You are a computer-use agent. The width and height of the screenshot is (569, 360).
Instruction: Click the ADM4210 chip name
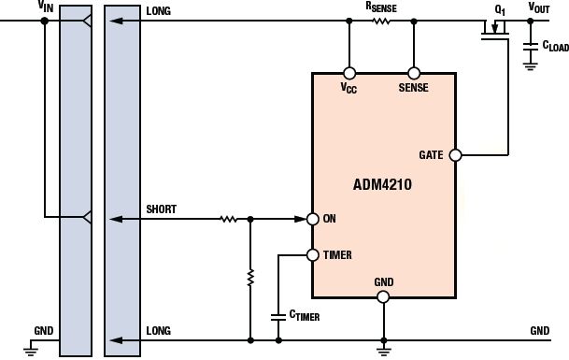pyautogui.click(x=382, y=184)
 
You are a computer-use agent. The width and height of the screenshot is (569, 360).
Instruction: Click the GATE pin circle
pyautogui.click(x=455, y=155)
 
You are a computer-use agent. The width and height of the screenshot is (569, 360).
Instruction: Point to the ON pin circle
pyautogui.click(x=313, y=219)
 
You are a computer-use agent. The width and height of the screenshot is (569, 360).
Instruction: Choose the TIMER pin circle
pyautogui.click(x=313, y=255)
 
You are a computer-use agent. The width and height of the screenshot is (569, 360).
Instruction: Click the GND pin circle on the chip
pyautogui.click(x=383, y=296)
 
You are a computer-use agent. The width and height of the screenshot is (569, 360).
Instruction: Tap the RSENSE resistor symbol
pyautogui.click(x=381, y=22)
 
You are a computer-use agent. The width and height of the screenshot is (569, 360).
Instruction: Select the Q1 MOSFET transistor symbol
pyautogui.click(x=495, y=30)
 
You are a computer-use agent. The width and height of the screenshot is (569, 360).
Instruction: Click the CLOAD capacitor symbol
pyautogui.click(x=530, y=46)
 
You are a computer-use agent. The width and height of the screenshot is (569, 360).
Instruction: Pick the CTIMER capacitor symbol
pyautogui.click(x=278, y=316)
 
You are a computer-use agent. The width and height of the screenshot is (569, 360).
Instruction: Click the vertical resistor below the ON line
pyautogui.click(x=250, y=278)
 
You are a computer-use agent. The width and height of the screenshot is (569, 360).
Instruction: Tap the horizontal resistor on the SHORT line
pyautogui.click(x=229, y=219)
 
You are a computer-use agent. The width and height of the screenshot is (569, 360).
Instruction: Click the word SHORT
pyautogui.click(x=161, y=209)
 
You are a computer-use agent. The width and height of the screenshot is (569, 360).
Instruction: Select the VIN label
pyautogui.click(x=46, y=7)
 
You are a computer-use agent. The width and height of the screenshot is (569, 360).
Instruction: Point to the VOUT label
pyautogui.click(x=539, y=7)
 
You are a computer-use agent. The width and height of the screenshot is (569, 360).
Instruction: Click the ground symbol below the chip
pyautogui.click(x=384, y=351)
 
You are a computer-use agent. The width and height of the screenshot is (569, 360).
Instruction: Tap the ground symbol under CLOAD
pyautogui.click(x=530, y=66)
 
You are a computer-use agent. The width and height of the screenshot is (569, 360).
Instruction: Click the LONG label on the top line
pyautogui.click(x=158, y=11)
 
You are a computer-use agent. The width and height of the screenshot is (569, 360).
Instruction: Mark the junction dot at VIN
pyautogui.click(x=44, y=21)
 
